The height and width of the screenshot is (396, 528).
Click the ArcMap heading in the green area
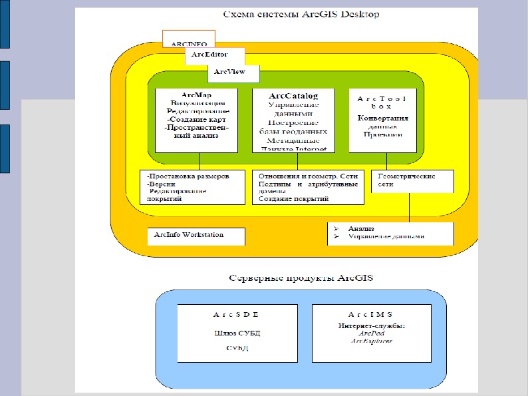[196, 95]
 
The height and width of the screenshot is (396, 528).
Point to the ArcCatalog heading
[293, 96]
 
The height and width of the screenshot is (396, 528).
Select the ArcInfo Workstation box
[189, 235]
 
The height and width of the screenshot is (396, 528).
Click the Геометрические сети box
[407, 180]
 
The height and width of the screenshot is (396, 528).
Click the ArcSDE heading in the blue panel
[236, 313]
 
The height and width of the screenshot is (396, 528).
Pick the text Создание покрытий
[293, 199]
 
